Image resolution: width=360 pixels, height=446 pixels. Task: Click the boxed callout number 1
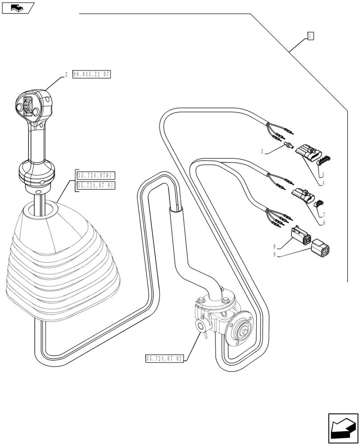click(x=311, y=36)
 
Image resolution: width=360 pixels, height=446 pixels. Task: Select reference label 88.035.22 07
click(x=91, y=74)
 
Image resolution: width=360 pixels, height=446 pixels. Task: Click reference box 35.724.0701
click(x=96, y=175)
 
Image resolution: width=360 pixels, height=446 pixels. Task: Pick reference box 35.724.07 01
click(x=96, y=185)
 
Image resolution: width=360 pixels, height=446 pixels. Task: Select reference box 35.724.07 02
click(x=164, y=359)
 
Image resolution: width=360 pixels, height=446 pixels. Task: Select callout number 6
click(x=324, y=223)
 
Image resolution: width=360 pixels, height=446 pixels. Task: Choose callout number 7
click(x=324, y=215)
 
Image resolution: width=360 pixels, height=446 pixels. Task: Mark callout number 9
click(x=275, y=255)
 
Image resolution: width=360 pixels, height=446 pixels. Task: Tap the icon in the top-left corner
click(x=17, y=7)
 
